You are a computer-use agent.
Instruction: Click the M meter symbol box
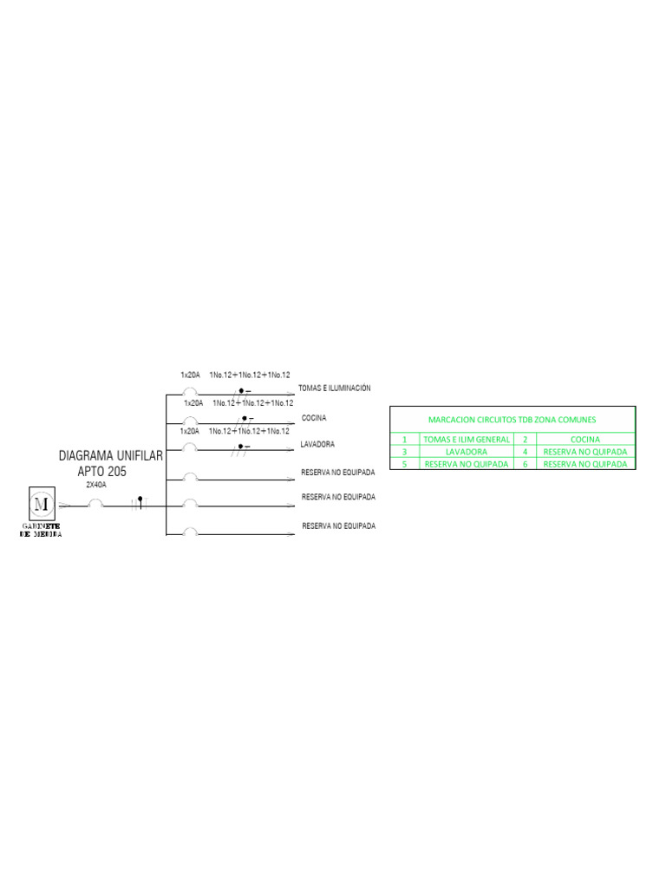tap(41, 504)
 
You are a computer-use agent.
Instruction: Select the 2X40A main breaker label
tap(96, 486)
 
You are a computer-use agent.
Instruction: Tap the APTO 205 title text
tap(102, 471)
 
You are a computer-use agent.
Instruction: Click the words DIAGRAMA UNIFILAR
tap(110, 455)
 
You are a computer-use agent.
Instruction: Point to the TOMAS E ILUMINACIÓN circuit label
tap(334, 388)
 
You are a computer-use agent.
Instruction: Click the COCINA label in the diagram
tap(314, 418)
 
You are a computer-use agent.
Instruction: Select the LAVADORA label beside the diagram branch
tap(317, 444)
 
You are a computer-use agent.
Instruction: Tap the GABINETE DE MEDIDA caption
tap(41, 530)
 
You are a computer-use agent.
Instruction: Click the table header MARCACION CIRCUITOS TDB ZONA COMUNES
tap(512, 420)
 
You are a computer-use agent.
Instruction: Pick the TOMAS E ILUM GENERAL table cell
tap(466, 440)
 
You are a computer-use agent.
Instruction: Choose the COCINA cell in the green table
tap(585, 440)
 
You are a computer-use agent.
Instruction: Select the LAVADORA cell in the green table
tap(466, 452)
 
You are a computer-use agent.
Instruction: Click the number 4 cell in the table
tap(526, 452)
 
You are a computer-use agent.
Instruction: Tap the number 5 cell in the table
tap(404, 464)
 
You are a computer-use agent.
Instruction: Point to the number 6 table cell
tap(526, 464)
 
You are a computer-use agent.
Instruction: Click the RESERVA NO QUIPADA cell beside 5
tap(466, 464)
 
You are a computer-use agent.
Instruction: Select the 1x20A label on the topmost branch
tap(191, 375)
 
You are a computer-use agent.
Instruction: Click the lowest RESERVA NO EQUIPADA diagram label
tap(338, 526)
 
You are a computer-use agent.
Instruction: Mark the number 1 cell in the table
tap(404, 440)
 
